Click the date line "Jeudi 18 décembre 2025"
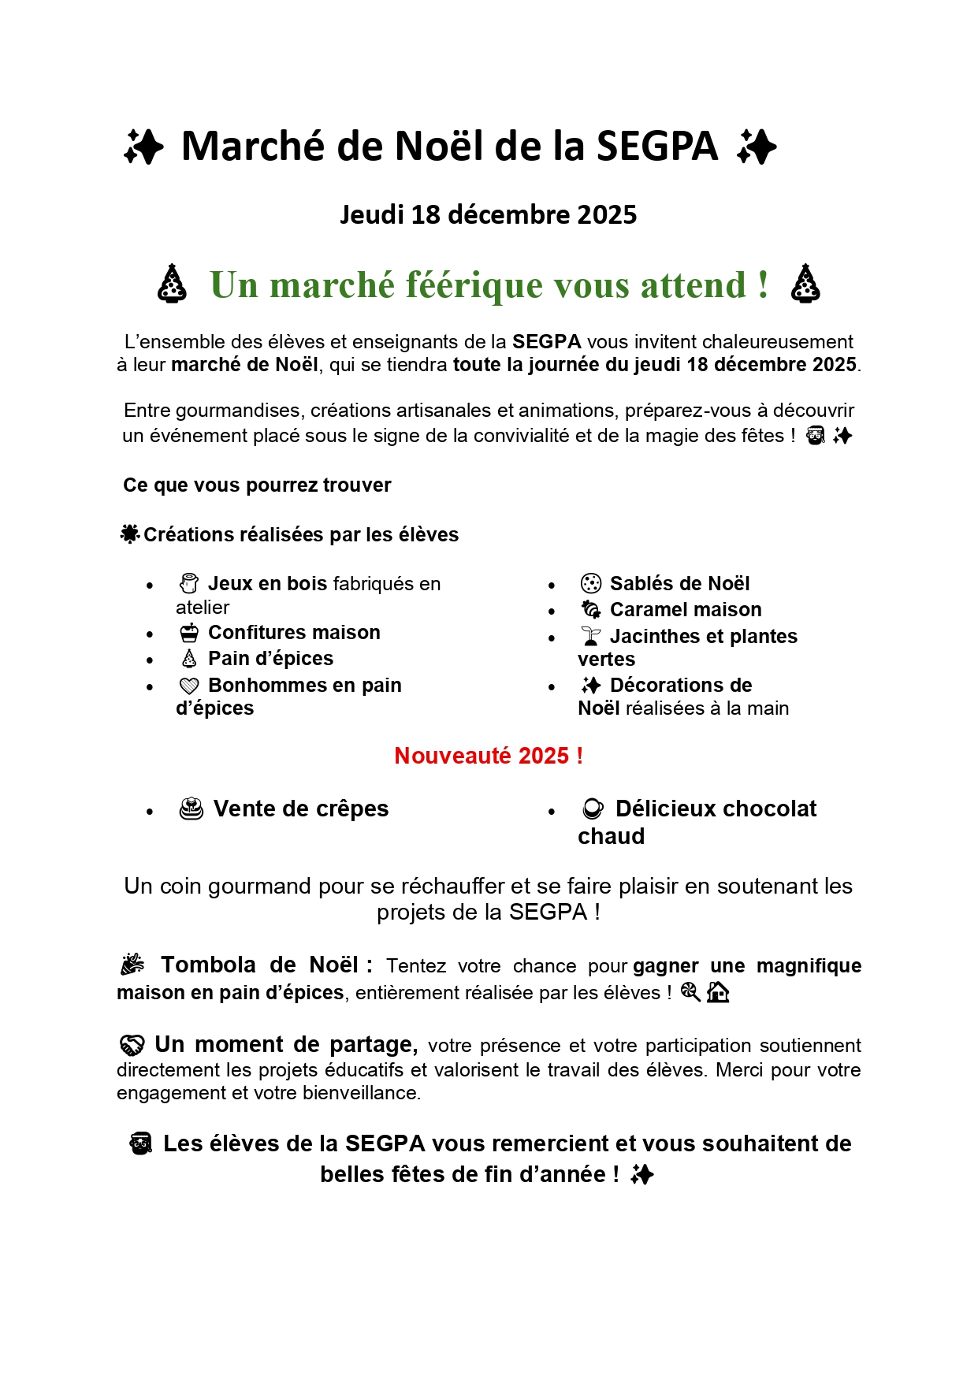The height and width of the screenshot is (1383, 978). point(488,214)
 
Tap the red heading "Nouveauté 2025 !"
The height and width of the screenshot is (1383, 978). point(489,756)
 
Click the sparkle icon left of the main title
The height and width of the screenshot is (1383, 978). point(143,147)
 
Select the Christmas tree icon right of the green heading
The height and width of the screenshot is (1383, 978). point(805,284)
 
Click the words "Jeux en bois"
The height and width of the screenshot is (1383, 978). point(267,584)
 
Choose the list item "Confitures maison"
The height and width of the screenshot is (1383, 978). point(294,633)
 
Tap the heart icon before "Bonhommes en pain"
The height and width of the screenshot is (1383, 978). point(189,686)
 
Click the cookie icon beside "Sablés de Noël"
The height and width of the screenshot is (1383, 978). point(590,584)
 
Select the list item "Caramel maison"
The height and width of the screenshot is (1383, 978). point(686,610)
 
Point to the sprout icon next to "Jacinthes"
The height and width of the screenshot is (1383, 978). point(590,637)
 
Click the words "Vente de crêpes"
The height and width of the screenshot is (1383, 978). point(301,809)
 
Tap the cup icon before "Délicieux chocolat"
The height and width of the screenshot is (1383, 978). point(593,809)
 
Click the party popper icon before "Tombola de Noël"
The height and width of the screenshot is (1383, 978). point(132,965)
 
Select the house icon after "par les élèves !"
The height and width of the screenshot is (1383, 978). point(717,992)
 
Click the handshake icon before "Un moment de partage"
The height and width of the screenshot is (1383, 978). point(132,1046)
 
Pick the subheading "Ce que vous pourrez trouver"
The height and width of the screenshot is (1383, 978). point(257,485)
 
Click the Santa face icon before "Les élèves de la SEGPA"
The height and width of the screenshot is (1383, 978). point(141,1144)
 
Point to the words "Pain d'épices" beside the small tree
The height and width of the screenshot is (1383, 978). point(270,659)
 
